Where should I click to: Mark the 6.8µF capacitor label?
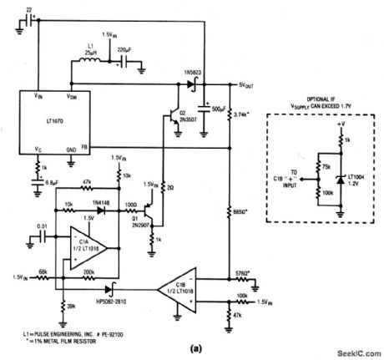51,183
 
